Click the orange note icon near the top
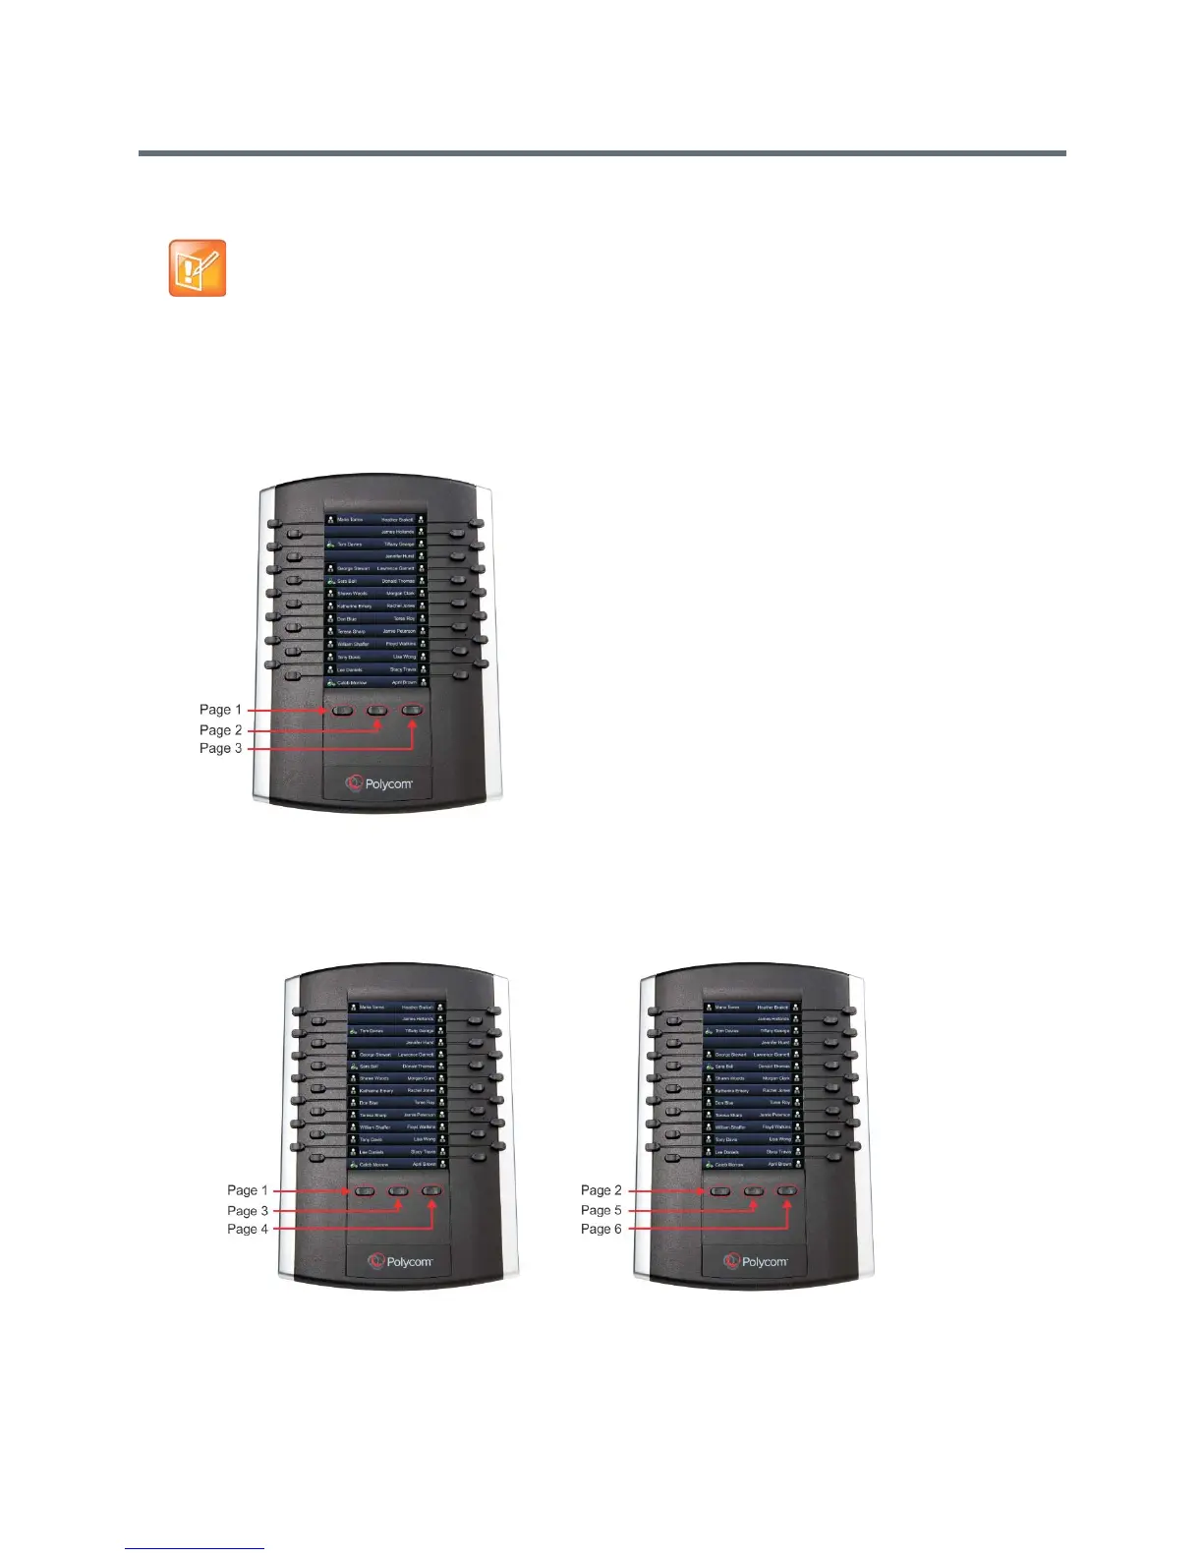(x=198, y=267)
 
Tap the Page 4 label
(x=247, y=1229)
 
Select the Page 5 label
(x=601, y=1210)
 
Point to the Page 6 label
(x=601, y=1229)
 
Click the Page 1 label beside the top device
(x=220, y=710)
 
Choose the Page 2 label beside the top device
(x=220, y=730)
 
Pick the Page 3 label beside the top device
(x=220, y=748)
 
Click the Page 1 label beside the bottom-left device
(x=247, y=1190)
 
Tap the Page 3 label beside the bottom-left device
(x=247, y=1211)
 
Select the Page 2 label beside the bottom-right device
(x=601, y=1190)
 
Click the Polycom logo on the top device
(x=378, y=783)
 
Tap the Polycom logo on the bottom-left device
(x=400, y=1261)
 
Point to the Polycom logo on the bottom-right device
(x=756, y=1261)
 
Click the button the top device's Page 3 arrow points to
(x=413, y=710)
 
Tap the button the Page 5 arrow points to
(x=754, y=1191)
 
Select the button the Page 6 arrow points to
(x=787, y=1191)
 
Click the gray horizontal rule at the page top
(x=601, y=153)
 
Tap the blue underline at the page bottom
(x=195, y=1548)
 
